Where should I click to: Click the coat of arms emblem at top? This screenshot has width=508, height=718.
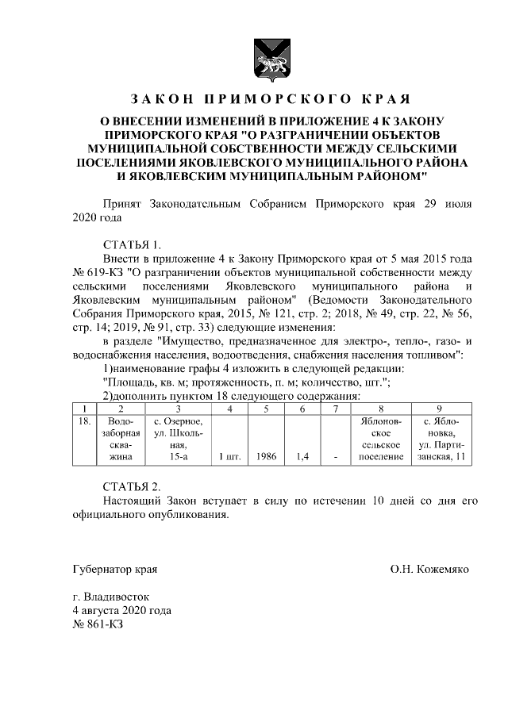[x=266, y=56]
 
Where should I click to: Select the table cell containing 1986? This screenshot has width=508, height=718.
[x=266, y=457]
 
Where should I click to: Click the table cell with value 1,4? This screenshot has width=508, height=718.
[x=302, y=457]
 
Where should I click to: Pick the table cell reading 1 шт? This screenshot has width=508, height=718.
[x=229, y=457]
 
